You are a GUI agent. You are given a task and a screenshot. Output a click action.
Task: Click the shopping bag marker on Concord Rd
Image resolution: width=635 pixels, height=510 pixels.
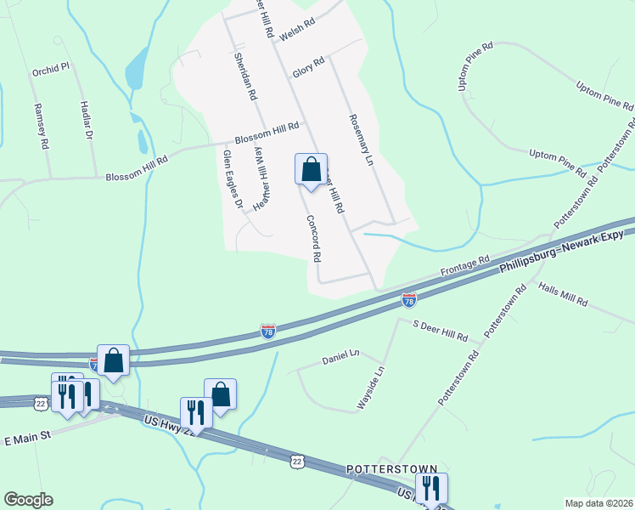[x=312, y=168]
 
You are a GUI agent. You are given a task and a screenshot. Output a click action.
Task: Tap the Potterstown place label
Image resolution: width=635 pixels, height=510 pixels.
[x=391, y=469]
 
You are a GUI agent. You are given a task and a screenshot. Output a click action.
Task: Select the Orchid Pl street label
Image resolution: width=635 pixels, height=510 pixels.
[x=50, y=70]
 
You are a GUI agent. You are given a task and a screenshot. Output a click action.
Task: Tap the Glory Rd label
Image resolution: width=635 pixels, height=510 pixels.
[x=308, y=64]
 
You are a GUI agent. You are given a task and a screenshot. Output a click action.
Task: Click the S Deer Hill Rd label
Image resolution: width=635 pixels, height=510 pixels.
[x=441, y=331]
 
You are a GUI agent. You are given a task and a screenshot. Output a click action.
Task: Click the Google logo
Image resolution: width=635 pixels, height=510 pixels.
[x=28, y=500]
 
